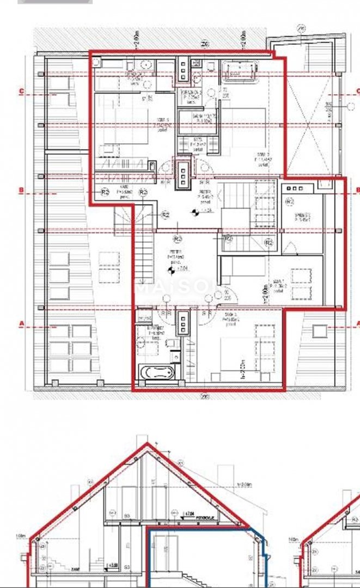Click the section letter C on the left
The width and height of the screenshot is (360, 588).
(21, 91)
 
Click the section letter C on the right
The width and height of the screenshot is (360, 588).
(357, 91)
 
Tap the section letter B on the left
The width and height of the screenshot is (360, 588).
(21, 191)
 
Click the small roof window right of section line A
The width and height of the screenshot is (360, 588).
(319, 330)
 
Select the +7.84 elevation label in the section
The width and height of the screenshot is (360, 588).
(190, 513)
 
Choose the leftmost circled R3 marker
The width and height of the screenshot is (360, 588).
(105, 192)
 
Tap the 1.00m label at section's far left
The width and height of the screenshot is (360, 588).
(21, 537)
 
